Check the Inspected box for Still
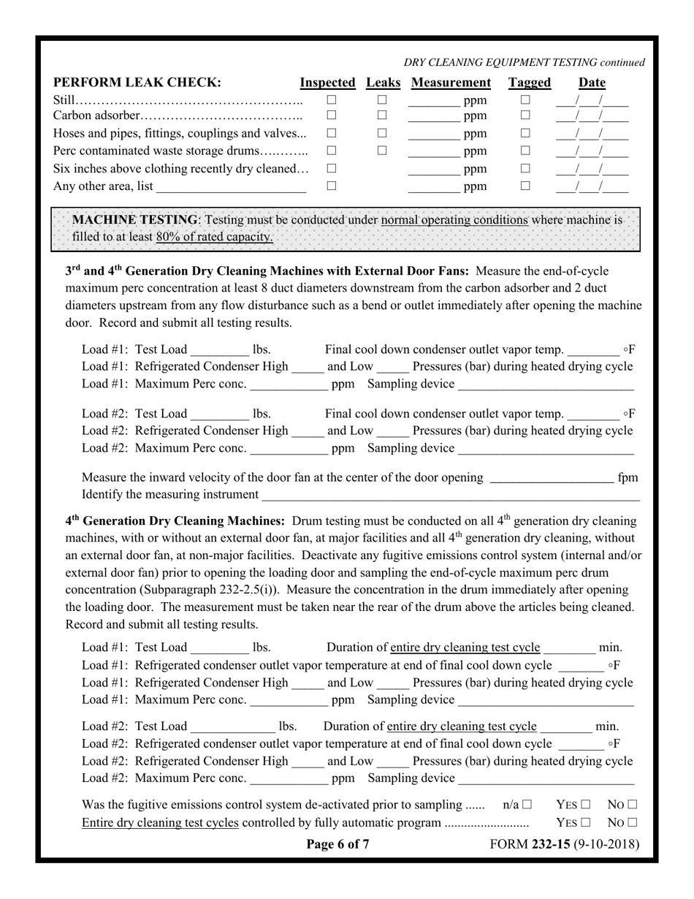(x=331, y=99)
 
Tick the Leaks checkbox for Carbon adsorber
(x=381, y=115)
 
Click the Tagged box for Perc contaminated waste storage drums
(x=525, y=151)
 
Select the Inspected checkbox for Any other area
(x=331, y=186)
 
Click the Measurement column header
(x=451, y=83)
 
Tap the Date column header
(x=592, y=83)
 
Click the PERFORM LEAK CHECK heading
(x=137, y=83)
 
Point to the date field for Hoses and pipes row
(x=592, y=133)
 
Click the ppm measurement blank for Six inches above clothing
(x=433, y=169)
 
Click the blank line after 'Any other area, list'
(x=231, y=187)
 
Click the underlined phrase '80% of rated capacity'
(x=214, y=237)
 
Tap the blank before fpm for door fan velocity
(x=552, y=478)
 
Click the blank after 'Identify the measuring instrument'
(x=450, y=496)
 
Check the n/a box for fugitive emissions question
(x=526, y=805)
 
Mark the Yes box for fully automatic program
(x=586, y=822)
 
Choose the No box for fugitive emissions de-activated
(x=632, y=805)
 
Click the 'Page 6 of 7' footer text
(x=338, y=845)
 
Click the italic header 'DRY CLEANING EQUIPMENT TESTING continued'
(x=524, y=63)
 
